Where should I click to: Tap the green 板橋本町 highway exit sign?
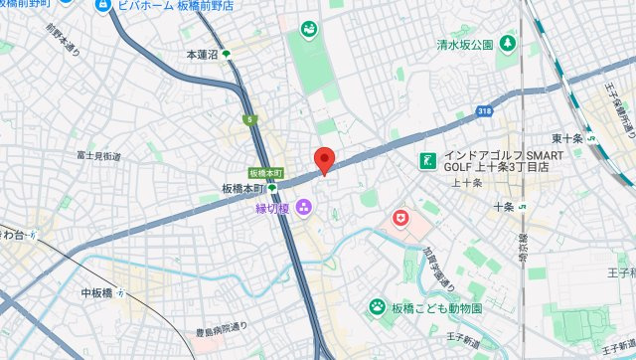tap(265, 173)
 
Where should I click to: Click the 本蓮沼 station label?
tap(202, 54)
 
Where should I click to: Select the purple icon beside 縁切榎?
tap(303, 207)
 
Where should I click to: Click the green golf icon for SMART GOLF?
tap(427, 159)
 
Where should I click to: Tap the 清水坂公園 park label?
tap(466, 45)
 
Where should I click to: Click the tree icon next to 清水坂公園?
tap(508, 44)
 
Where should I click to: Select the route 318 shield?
tap(484, 110)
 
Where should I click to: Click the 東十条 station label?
tap(566, 138)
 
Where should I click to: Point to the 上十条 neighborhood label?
tap(466, 183)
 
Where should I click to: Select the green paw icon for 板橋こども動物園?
tap(378, 307)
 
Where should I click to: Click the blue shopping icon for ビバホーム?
tap(101, 6)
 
